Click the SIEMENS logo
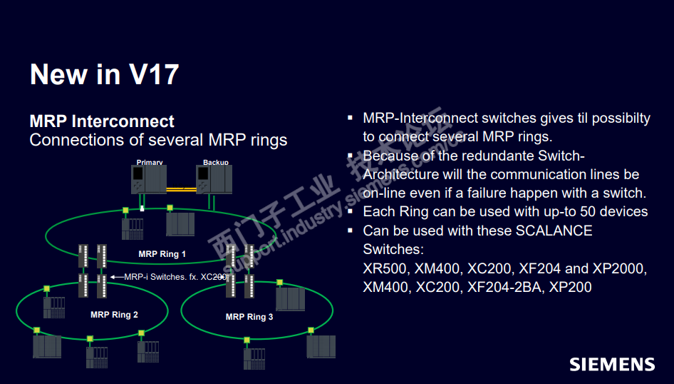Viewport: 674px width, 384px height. pos(611,364)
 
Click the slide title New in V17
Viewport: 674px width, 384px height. pos(104,74)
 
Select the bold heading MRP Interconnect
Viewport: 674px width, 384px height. pos(102,121)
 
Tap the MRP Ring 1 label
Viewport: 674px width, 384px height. pos(162,254)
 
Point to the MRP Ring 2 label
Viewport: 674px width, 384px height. pos(114,315)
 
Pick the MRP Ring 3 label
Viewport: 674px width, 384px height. pos(249,317)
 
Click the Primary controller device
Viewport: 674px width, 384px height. pos(149,180)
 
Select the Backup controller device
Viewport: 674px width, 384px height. pos(214,180)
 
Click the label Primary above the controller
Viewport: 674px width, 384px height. pos(150,163)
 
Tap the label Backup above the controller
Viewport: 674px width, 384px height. pos(215,163)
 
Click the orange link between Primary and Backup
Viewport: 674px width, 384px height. pos(181,189)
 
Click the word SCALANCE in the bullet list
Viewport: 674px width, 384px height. pos(554,231)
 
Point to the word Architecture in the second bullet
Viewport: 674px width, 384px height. pos(403,175)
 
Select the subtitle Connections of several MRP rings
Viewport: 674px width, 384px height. pos(158,140)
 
